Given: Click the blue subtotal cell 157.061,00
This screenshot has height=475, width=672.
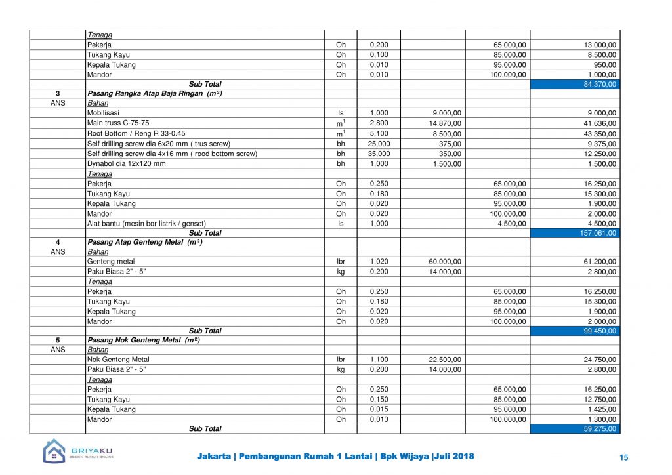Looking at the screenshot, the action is pyautogui.click(x=575, y=233).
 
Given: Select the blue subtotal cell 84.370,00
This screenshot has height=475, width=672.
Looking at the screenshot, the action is pyautogui.click(x=575, y=85).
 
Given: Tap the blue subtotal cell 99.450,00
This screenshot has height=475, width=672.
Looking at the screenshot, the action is pyautogui.click(x=575, y=331).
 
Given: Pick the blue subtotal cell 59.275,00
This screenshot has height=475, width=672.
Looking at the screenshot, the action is pyautogui.click(x=575, y=428).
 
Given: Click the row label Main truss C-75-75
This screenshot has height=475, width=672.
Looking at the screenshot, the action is pyautogui.click(x=118, y=123).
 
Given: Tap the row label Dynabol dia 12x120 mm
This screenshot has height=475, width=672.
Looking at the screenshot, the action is pyautogui.click(x=127, y=163).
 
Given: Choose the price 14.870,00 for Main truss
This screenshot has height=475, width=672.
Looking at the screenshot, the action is pyautogui.click(x=445, y=123).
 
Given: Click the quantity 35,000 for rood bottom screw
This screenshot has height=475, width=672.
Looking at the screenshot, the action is pyautogui.click(x=379, y=154).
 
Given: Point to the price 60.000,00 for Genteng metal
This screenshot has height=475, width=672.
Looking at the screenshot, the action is pyautogui.click(x=445, y=262).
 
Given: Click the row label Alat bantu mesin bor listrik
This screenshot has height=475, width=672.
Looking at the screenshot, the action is pyautogui.click(x=146, y=224).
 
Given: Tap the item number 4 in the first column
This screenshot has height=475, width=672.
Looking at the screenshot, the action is pyautogui.click(x=58, y=243).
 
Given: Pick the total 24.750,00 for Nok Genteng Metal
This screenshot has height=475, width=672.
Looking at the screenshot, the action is pyautogui.click(x=600, y=360).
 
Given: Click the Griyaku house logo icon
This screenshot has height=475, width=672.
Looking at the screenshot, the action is pyautogui.click(x=54, y=451).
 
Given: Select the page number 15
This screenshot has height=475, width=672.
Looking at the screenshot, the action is pyautogui.click(x=623, y=457).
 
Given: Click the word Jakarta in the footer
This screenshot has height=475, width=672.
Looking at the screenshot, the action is pyautogui.click(x=213, y=457).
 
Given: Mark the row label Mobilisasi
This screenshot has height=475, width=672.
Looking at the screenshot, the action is pyautogui.click(x=103, y=113).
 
